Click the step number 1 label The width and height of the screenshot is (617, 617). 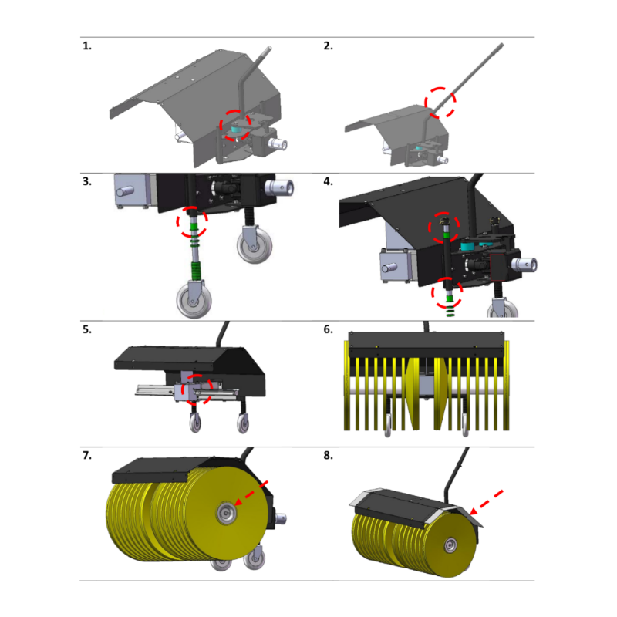(x=87, y=46)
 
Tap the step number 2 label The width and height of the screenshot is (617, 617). (x=329, y=46)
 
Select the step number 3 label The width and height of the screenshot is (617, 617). (x=87, y=181)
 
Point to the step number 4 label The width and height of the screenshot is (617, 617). (x=329, y=181)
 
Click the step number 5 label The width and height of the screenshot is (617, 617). (x=87, y=329)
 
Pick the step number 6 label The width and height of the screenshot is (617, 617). (x=329, y=329)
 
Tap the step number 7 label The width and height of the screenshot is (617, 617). (x=87, y=455)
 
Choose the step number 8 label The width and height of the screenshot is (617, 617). (x=329, y=455)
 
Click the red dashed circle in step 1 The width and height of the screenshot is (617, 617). (x=221, y=126)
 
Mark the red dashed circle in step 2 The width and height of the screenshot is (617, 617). (x=426, y=103)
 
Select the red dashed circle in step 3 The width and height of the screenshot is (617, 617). (x=177, y=221)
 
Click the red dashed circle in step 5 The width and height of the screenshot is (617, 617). (x=183, y=389)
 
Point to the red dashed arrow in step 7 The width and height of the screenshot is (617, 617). (x=251, y=493)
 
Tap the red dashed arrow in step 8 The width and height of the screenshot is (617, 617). (x=486, y=503)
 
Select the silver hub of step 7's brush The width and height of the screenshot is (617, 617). (x=226, y=513)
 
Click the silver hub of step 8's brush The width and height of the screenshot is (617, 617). (x=450, y=545)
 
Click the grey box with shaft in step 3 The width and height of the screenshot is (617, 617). (x=132, y=190)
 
